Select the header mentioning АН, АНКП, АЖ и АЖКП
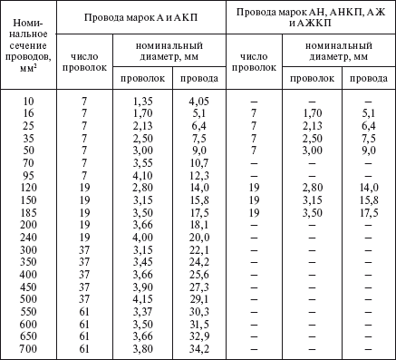point(311,16)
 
